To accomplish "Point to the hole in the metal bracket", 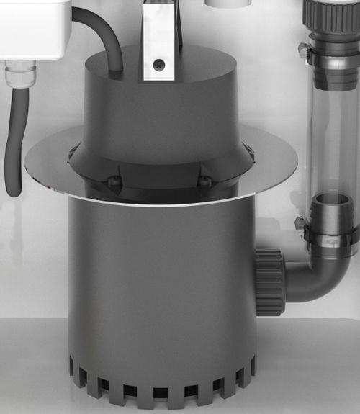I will click(159, 66).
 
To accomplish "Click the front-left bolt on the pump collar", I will click(113, 183).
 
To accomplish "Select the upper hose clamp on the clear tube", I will click(328, 52).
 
